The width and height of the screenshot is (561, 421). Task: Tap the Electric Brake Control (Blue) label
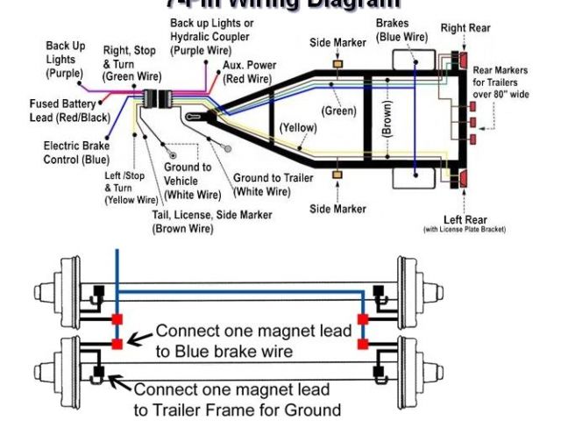click(77, 153)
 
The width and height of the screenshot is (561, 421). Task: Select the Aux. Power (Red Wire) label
click(248, 72)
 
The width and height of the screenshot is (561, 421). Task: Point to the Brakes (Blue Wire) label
click(402, 30)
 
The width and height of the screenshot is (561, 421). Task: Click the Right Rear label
click(465, 28)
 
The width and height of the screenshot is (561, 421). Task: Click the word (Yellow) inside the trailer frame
click(298, 128)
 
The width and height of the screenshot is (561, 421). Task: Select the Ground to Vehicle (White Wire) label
click(188, 180)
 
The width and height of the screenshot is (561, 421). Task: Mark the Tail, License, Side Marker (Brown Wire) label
click(211, 221)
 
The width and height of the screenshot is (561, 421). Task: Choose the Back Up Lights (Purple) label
click(66, 60)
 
